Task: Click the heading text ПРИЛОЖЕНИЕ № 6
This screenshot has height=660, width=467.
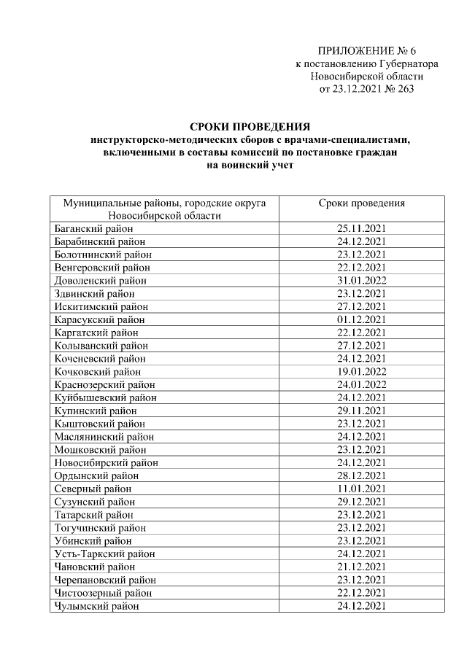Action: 366,50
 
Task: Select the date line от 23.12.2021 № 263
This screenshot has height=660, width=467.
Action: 366,90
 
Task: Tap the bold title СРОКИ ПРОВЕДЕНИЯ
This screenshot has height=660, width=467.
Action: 250,126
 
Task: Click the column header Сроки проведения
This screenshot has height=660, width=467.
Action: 362,203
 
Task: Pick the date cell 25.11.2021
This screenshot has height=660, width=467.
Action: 362,228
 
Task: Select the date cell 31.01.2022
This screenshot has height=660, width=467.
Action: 362,280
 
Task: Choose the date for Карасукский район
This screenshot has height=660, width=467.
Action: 362,319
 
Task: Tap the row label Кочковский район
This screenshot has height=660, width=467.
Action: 98,371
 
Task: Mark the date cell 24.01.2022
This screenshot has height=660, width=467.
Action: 362,384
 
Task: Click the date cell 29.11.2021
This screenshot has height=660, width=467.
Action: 362,411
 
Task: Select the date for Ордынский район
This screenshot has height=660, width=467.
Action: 362,475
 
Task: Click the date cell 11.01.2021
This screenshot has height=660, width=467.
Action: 362,489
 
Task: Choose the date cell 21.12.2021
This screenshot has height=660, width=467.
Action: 362,567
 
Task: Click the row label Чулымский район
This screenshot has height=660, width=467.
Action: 96,605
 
